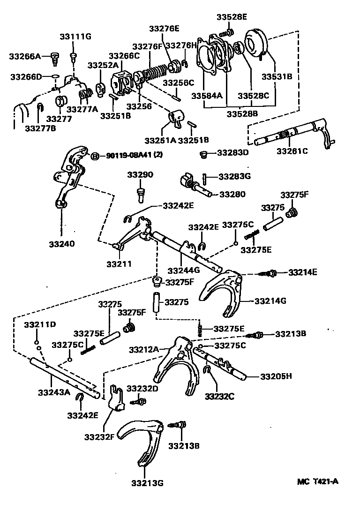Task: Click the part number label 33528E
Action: pos(232,17)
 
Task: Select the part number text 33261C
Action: pos(292,151)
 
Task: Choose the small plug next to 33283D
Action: pos(203,154)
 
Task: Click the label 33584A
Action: pos(206,96)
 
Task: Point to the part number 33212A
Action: pos(144,349)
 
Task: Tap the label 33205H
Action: pos(276,376)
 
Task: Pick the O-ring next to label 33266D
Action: pos(54,76)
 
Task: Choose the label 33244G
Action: pos(183,270)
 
